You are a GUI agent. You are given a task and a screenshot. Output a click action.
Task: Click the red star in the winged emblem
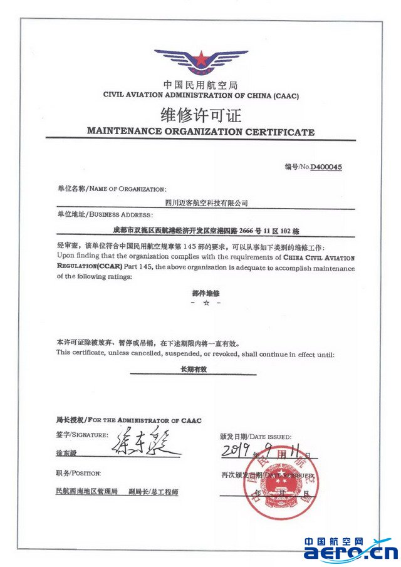point(200,60)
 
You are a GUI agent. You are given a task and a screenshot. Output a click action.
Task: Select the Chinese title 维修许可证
point(200,115)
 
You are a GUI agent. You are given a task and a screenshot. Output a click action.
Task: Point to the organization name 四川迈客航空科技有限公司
point(206,202)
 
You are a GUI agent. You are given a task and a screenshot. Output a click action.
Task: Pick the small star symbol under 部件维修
point(206,303)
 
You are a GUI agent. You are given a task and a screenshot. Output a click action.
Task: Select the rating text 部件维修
point(206,293)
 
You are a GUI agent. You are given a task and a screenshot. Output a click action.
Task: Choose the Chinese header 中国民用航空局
point(200,85)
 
